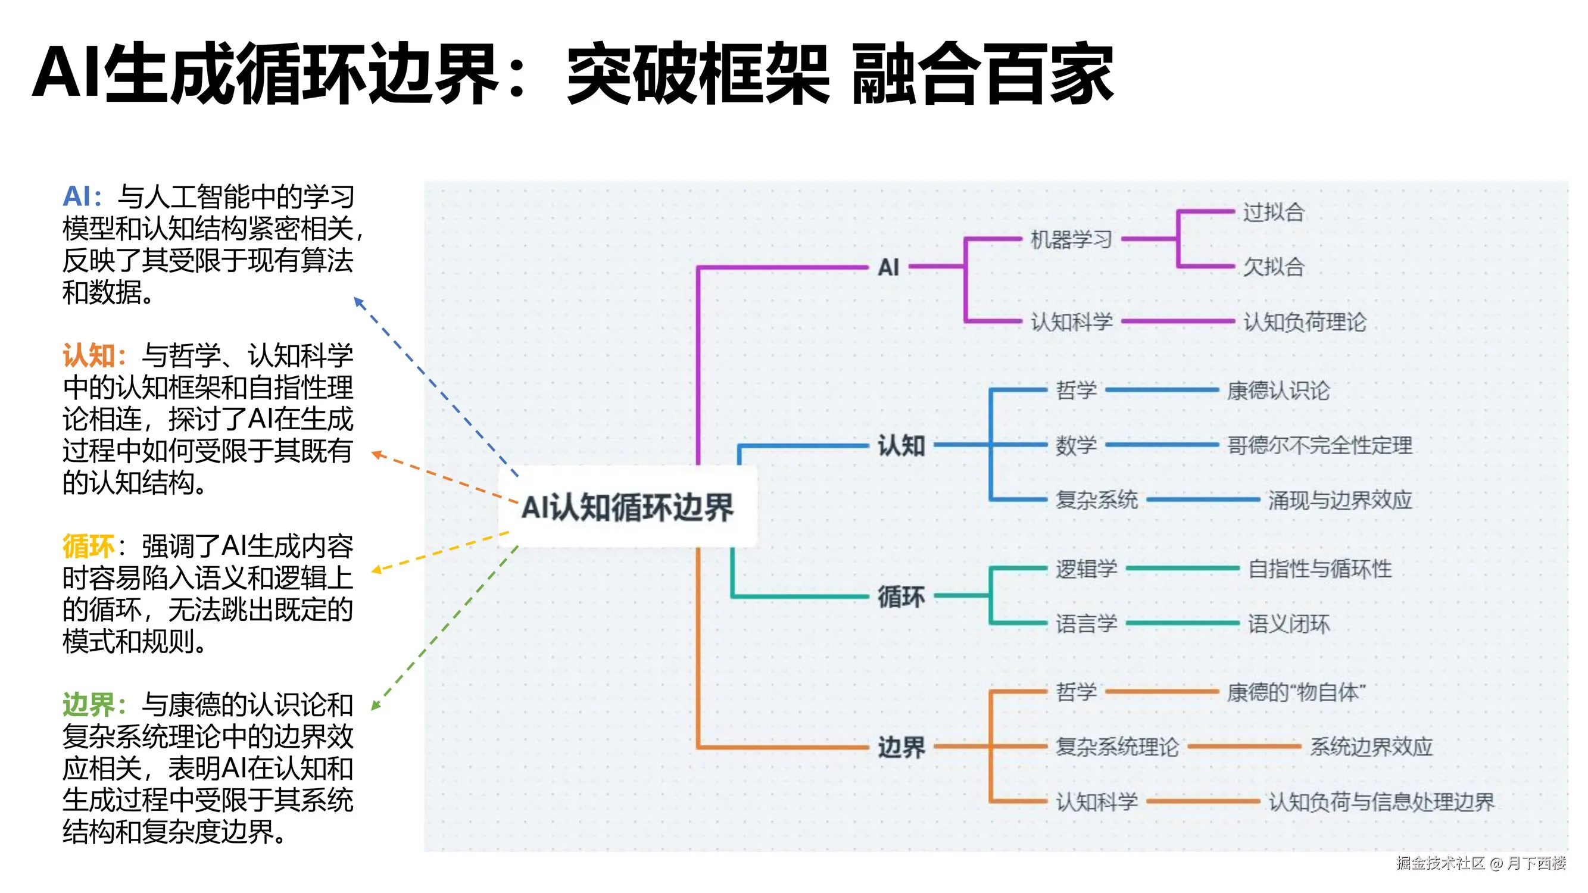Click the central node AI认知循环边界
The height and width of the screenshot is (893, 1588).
(628, 507)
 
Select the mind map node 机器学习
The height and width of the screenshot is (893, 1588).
(1071, 239)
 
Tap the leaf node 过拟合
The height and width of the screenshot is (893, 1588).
(1273, 212)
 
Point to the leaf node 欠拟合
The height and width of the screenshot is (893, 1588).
(1273, 267)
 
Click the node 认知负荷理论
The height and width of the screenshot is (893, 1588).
(1305, 321)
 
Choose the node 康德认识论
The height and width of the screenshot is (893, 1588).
(1278, 390)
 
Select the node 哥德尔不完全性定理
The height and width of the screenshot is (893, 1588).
(1319, 445)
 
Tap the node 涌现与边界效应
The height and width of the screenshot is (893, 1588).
(1340, 500)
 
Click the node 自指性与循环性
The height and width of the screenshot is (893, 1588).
(1319, 569)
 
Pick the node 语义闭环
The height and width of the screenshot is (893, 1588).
(1289, 624)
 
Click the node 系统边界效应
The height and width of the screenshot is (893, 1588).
(1371, 747)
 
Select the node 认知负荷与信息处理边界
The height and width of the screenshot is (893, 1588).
(1381, 802)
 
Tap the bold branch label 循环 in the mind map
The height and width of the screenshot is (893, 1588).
(901, 597)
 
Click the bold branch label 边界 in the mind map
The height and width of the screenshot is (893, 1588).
(901, 748)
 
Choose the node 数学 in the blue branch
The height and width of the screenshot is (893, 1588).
(1076, 445)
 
